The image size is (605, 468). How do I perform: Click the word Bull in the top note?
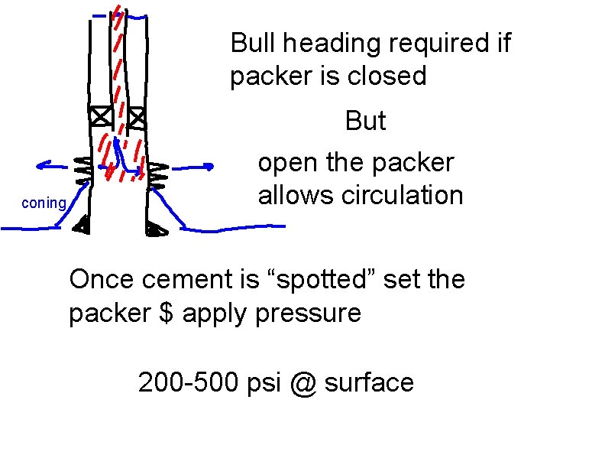coord(256,43)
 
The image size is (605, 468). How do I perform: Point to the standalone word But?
coord(365,121)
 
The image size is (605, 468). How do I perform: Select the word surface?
coord(368,382)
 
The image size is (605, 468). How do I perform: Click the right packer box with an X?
coord(137,118)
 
